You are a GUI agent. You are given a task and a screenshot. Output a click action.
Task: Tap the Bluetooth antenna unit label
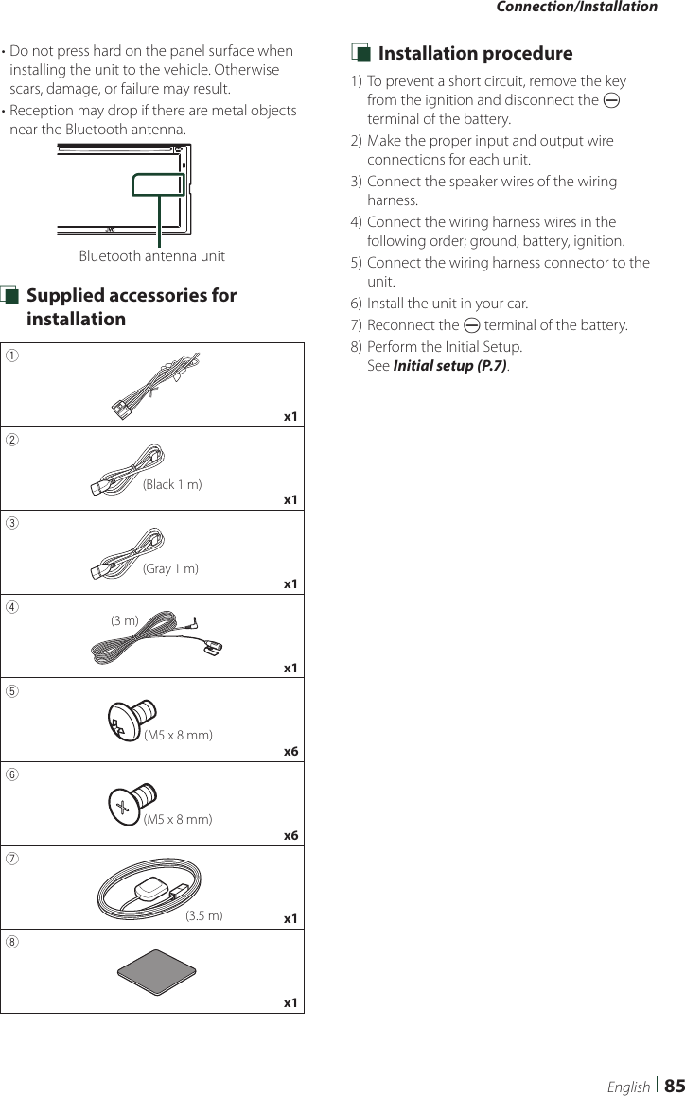pyautogui.click(x=151, y=256)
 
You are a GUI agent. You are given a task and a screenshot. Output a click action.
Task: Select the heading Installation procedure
pyautogui.click(x=475, y=54)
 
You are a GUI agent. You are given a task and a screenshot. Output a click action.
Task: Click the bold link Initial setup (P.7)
pyautogui.click(x=449, y=365)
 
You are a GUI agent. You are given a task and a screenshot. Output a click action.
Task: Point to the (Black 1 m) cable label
pyautogui.click(x=171, y=485)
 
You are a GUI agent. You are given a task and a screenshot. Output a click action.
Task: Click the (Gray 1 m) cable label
pyautogui.click(x=170, y=568)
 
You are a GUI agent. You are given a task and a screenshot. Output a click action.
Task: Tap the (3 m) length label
pyautogui.click(x=125, y=620)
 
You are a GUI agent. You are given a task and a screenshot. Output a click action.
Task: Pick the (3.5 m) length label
pyautogui.click(x=203, y=915)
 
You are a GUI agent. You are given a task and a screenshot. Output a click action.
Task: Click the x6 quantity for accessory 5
pyautogui.click(x=291, y=752)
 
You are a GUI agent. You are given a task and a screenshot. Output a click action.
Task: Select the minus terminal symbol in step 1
pyautogui.click(x=612, y=100)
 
